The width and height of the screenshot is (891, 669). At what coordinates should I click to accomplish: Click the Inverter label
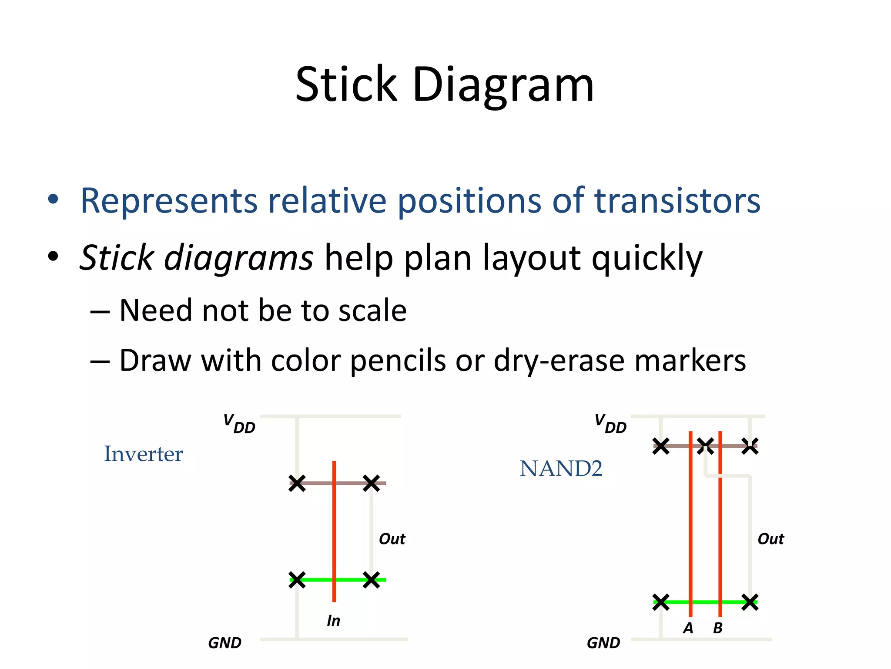click(x=143, y=454)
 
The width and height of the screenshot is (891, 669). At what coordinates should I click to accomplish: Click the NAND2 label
click(x=561, y=469)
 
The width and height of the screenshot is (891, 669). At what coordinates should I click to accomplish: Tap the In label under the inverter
click(x=333, y=621)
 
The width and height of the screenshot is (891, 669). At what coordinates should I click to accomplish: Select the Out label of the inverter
click(x=392, y=539)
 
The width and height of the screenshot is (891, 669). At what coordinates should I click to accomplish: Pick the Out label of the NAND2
click(x=770, y=539)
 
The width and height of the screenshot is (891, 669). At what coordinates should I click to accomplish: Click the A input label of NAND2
click(x=688, y=628)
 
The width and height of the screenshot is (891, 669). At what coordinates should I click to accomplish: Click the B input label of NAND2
click(x=717, y=628)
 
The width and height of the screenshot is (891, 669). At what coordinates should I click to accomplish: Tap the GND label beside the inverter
click(x=224, y=643)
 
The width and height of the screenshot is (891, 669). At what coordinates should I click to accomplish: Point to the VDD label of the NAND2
click(x=610, y=424)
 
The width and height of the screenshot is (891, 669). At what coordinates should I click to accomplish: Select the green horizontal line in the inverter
click(x=352, y=580)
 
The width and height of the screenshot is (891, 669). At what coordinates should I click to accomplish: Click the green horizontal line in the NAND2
click(x=705, y=602)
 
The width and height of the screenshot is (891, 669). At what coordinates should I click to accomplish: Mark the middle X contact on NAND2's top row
click(x=705, y=446)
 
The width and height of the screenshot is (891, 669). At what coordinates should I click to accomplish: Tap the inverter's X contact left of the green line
click(x=297, y=580)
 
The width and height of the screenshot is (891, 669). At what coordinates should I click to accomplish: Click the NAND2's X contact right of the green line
click(x=750, y=602)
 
